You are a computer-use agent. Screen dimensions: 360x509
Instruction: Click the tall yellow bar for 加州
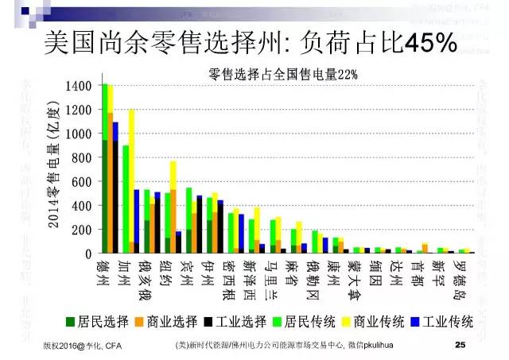(131, 175)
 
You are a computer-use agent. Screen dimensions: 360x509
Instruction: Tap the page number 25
(459, 346)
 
